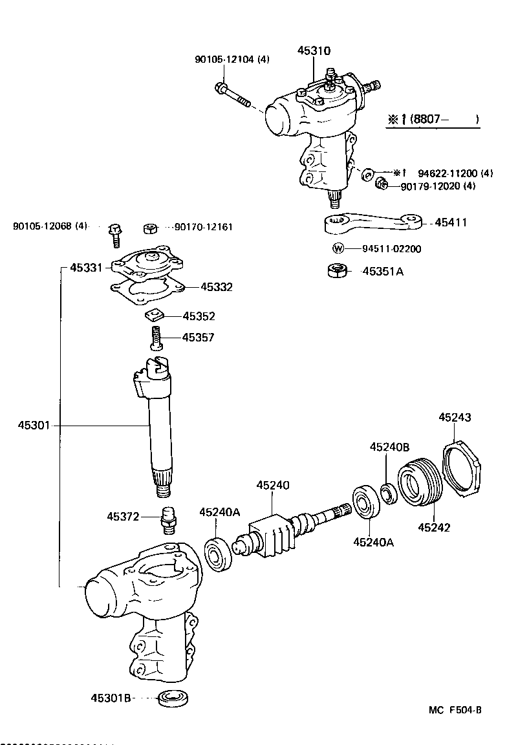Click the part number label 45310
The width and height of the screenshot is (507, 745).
pos(314,50)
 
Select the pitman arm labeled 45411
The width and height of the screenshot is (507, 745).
pos(371,223)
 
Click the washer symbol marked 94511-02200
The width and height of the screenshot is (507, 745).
pos(337,248)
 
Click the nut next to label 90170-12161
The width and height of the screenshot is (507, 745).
pos(149,228)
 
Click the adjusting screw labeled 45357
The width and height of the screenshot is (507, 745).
pos(155,338)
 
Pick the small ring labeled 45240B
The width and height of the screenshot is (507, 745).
pos(387,495)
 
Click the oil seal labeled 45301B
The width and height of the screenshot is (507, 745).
pos(172,698)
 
